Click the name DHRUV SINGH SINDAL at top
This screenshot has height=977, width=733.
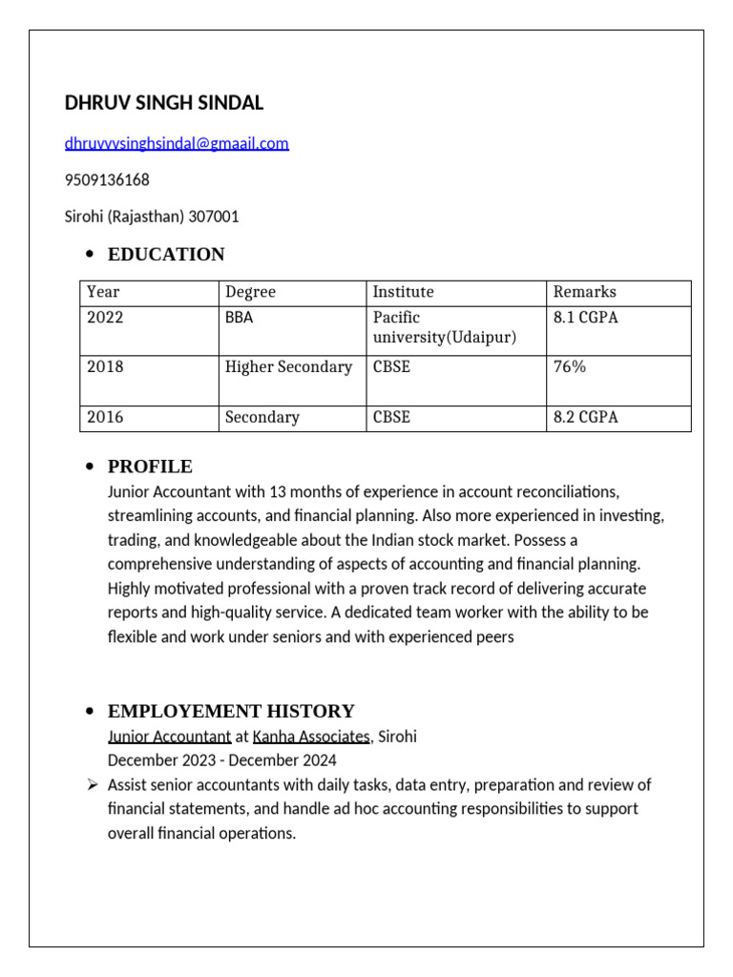[164, 103]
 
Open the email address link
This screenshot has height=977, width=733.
[177, 144]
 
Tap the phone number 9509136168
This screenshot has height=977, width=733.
[107, 180]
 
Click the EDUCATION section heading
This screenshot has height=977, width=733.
[166, 255]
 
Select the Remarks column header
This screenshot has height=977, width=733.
[584, 292]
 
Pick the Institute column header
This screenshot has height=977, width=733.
[403, 292]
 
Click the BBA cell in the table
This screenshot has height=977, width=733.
[239, 318]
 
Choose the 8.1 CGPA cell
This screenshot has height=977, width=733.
[585, 318]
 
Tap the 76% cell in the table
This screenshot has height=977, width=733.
[570, 367]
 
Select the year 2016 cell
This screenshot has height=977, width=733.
[105, 418]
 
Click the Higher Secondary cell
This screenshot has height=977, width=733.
[288, 367]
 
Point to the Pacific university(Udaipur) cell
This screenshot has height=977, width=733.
[444, 328]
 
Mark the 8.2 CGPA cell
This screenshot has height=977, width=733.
[585, 418]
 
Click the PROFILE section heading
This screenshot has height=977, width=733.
[150, 467]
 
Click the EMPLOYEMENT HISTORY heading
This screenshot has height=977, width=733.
[231, 712]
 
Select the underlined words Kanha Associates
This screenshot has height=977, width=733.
[311, 738]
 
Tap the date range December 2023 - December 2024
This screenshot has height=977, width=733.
[221, 761]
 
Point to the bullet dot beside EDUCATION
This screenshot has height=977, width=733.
[90, 255]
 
